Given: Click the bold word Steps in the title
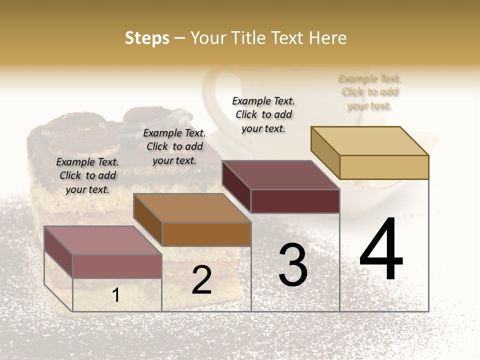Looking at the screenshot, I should tap(147, 38).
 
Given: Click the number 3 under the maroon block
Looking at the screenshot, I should tap(293, 265).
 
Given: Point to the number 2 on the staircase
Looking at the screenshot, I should tap(201, 280).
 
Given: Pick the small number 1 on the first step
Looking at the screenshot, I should tap(115, 295).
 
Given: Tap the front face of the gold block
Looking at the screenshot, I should tap(384, 167).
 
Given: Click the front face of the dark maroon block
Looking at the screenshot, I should tap(295, 201).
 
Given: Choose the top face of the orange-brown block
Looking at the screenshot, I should tap(192, 208).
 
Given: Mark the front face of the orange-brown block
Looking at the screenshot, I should tap(206, 233).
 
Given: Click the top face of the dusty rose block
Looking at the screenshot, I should tap(103, 240).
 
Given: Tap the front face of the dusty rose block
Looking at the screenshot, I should tap(117, 266).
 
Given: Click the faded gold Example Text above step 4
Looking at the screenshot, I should tap(370, 92).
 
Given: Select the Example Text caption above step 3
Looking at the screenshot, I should tap(263, 114).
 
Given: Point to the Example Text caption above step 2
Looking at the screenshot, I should tap(174, 146).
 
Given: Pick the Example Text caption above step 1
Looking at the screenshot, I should tap(87, 175).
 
